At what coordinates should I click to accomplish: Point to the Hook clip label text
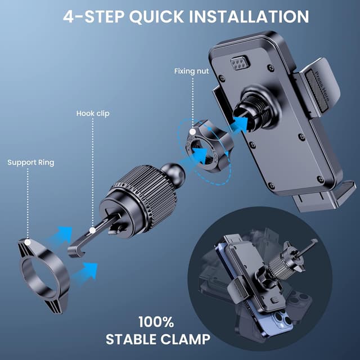93,114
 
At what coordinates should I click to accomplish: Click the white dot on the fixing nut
192,132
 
